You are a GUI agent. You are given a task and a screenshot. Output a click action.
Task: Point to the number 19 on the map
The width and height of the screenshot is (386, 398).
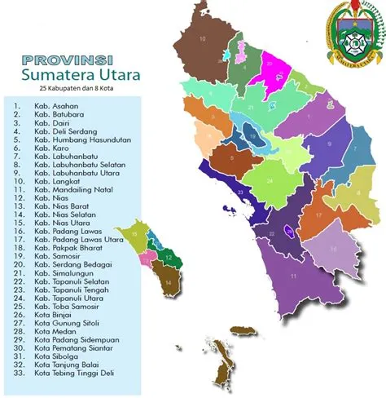point(253,135)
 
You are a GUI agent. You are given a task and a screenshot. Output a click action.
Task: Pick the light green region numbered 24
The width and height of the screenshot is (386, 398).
point(268,181)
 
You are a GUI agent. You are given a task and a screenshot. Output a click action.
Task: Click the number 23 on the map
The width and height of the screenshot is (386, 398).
point(239,192)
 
